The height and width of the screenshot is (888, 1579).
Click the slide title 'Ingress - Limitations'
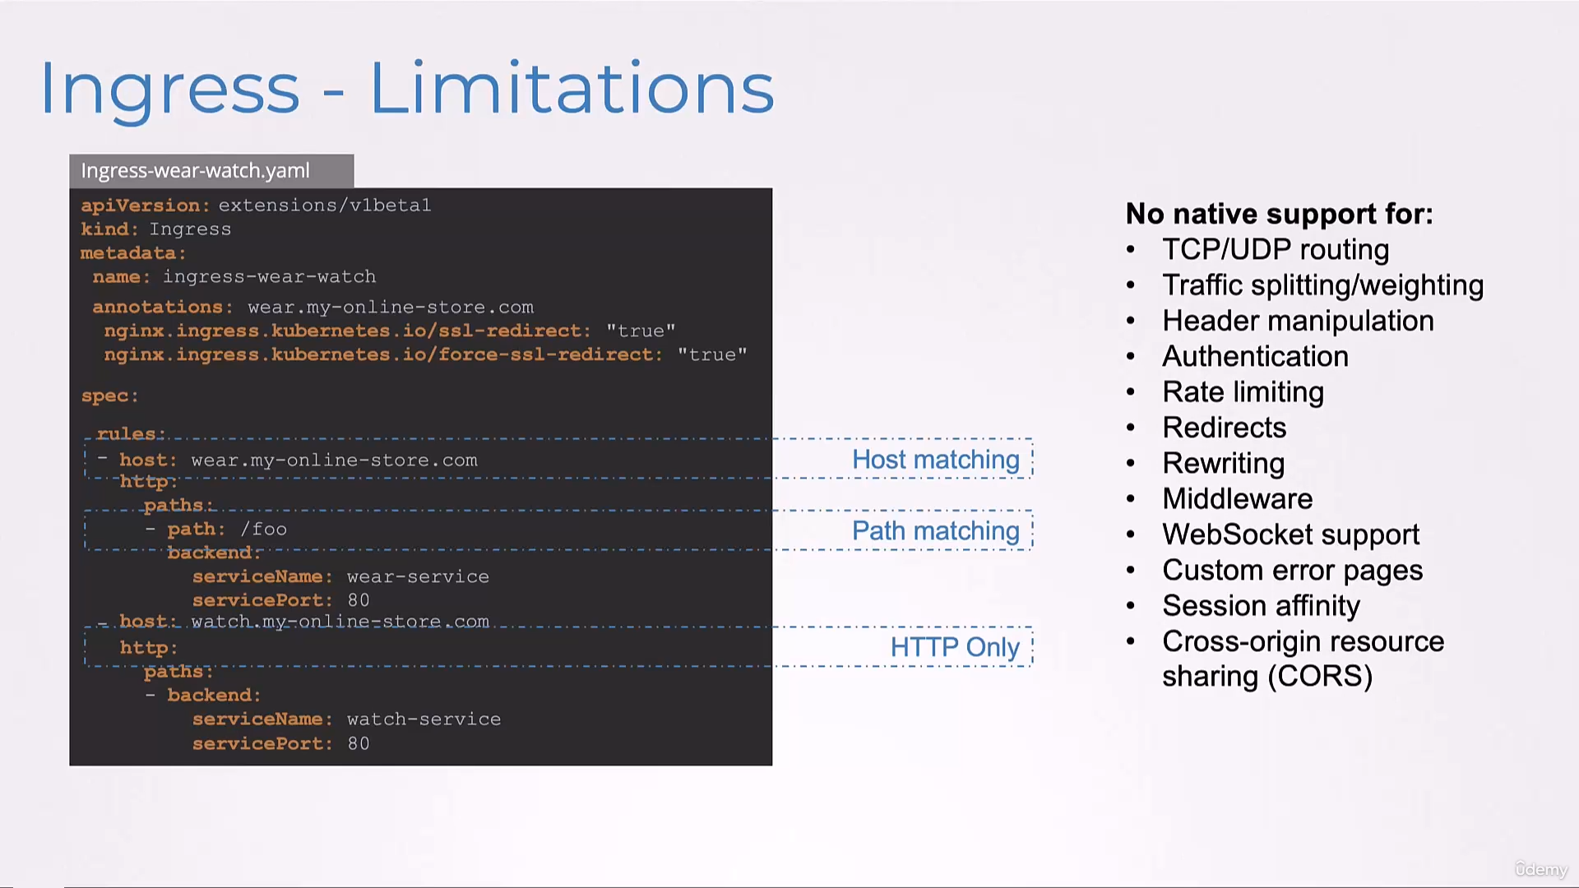coord(407,89)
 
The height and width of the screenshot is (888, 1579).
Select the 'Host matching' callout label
coord(936,460)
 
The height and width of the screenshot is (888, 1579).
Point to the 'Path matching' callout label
coord(936,531)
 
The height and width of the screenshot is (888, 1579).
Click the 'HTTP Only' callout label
coord(955,647)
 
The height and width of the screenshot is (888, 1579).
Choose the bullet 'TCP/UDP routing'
coord(1276,249)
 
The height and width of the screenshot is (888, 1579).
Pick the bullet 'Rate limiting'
coord(1243,392)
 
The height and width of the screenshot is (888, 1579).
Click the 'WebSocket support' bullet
coord(1290,534)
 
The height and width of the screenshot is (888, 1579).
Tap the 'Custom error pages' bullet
coord(1292,570)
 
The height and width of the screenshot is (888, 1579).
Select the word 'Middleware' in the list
coord(1237,498)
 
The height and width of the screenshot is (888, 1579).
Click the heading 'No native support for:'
coord(1279,214)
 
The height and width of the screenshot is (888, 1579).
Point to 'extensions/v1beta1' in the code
coord(325,205)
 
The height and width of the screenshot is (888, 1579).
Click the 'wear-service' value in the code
coord(418,576)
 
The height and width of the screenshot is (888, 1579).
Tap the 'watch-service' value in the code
coord(424,719)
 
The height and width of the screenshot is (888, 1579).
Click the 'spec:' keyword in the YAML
coord(110,396)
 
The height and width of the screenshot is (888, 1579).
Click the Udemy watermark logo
coord(1541,869)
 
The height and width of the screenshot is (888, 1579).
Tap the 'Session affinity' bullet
coord(1261,606)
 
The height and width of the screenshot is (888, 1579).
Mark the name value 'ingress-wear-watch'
coord(269,277)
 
